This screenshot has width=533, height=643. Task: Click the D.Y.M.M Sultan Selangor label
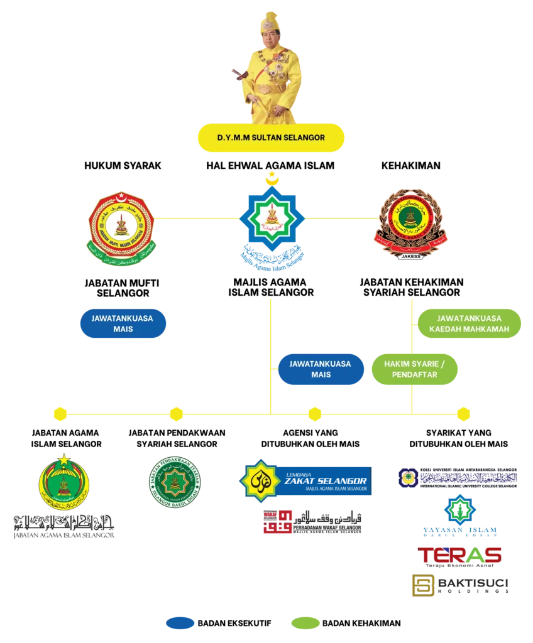click(x=271, y=138)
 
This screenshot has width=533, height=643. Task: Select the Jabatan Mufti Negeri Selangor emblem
click(x=120, y=227)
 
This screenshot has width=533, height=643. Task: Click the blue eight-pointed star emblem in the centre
click(x=272, y=222)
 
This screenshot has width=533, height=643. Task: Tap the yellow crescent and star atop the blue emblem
click(x=272, y=178)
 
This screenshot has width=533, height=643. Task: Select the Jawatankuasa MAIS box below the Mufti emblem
click(x=123, y=323)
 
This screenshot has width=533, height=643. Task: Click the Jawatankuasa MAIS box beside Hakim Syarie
click(x=321, y=369)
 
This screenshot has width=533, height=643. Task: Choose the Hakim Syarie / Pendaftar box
click(x=414, y=369)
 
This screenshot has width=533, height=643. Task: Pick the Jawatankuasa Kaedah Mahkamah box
click(x=470, y=323)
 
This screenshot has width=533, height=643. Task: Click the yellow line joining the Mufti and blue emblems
click(x=196, y=219)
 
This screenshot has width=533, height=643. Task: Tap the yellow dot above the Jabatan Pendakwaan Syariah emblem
click(x=176, y=414)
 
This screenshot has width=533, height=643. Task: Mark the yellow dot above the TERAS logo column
click(x=463, y=414)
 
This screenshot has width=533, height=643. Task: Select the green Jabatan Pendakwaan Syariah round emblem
click(x=175, y=481)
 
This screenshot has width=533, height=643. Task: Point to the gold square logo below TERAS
click(x=421, y=585)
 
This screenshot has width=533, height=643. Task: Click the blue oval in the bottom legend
click(x=178, y=623)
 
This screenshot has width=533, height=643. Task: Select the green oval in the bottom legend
click(x=304, y=623)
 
